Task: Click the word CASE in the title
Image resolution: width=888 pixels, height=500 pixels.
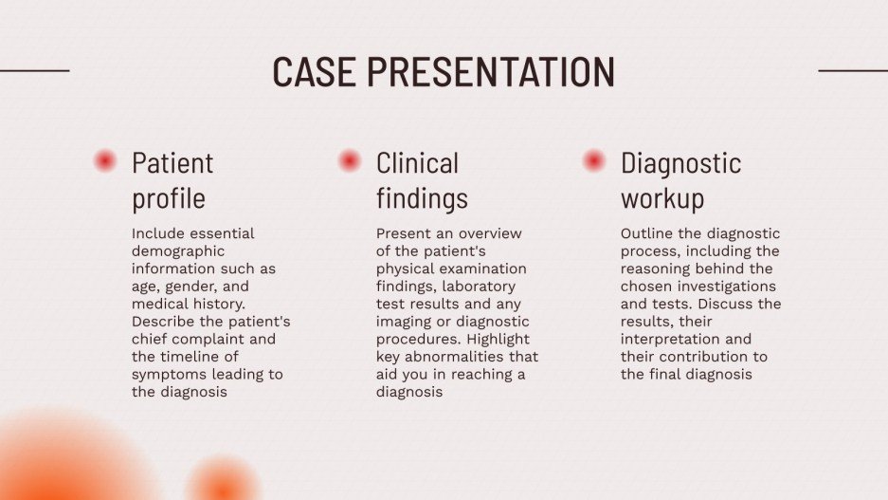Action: pyautogui.click(x=314, y=73)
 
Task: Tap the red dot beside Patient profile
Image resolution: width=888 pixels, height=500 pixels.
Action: pyautogui.click(x=105, y=161)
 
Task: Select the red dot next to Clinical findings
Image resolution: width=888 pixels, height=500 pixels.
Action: pyautogui.click(x=350, y=161)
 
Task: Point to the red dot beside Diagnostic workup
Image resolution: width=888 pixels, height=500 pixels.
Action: pyautogui.click(x=594, y=161)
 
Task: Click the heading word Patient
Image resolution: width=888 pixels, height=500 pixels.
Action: pyautogui.click(x=172, y=163)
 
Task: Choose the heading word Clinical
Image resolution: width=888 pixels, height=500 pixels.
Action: pyautogui.click(x=417, y=163)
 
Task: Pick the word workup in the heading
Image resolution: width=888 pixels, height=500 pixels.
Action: pyautogui.click(x=662, y=199)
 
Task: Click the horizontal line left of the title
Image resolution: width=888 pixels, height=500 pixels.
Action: pyautogui.click(x=34, y=70)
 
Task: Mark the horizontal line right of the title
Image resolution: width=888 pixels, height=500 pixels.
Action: pyautogui.click(x=852, y=70)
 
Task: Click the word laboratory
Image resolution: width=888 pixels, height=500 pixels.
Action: pyautogui.click(x=480, y=287)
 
